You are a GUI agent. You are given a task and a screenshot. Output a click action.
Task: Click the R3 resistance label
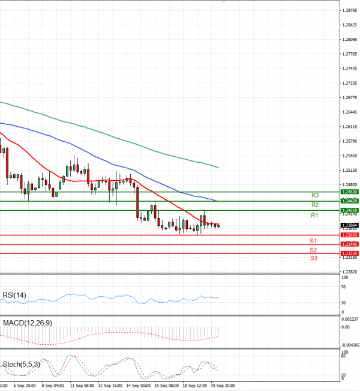pos(314,195)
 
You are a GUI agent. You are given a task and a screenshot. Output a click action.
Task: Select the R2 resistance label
pos(314,205)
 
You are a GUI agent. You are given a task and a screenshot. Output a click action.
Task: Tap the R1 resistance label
pos(314,215)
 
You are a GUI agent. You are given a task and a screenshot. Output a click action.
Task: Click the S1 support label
pos(313,240)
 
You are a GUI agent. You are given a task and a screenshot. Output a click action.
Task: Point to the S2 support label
pos(313,249)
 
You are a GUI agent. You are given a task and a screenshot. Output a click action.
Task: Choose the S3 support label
pos(313,258)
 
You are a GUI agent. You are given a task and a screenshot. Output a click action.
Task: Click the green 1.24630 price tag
pos(349,192)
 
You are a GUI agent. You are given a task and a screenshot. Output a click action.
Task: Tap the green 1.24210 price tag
pos(349,210)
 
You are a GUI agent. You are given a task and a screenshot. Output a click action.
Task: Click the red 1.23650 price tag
pos(349,235)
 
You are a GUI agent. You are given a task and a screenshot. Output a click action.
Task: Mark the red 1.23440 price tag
pos(349,244)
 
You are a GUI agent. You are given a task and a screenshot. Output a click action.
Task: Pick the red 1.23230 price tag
pos(349,253)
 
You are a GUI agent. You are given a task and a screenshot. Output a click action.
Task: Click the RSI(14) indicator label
pos(14,294)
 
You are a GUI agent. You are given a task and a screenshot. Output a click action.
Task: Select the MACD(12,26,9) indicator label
pos(26,323)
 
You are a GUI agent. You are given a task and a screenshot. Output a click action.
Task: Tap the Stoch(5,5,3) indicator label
pos(22,364)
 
